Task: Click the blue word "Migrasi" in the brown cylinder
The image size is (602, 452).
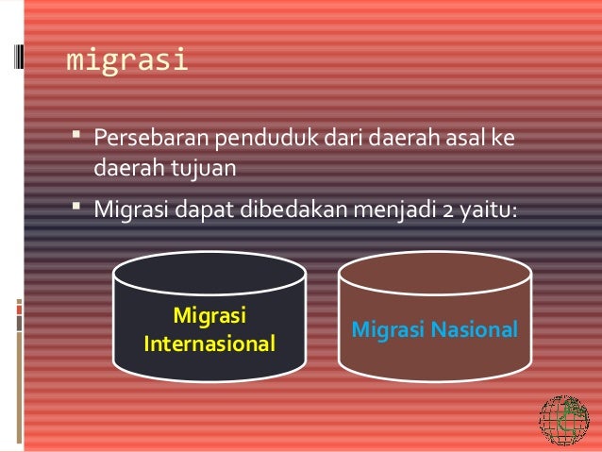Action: [386, 330]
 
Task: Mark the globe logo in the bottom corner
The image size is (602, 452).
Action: [562, 421]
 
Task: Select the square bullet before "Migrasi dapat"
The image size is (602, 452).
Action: [76, 206]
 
